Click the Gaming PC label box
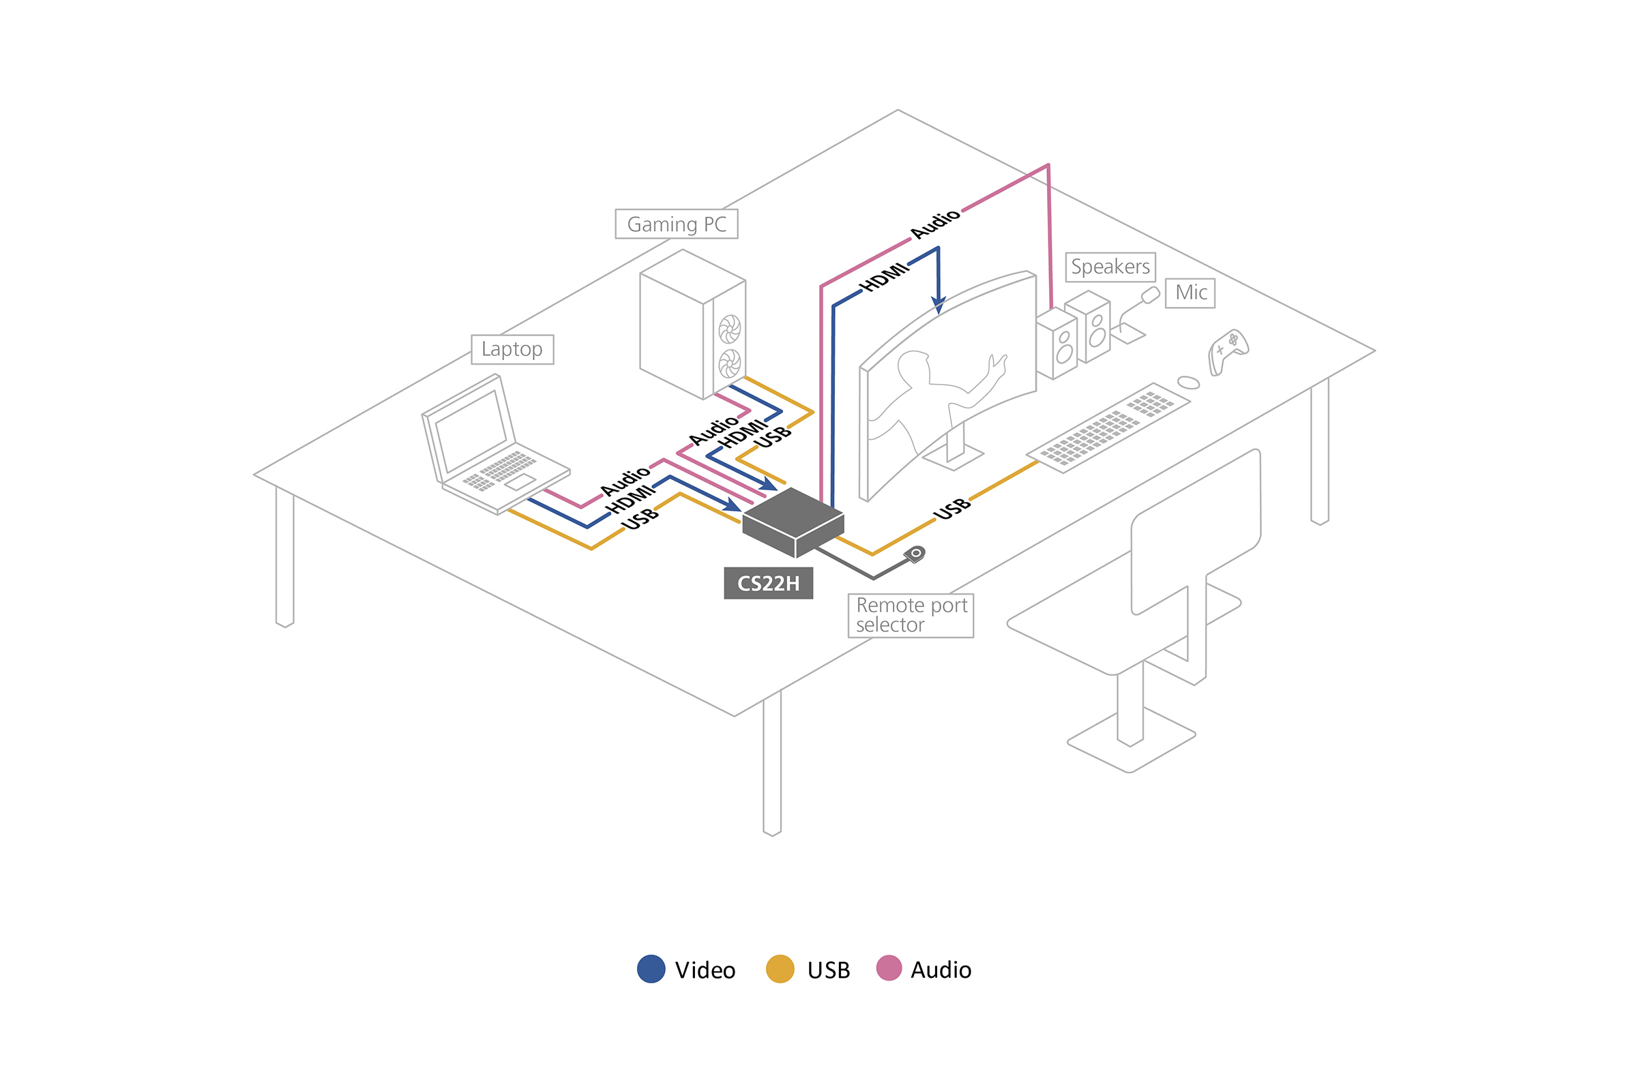coord(676,224)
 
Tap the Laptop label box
coord(512,349)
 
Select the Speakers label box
coord(1110,267)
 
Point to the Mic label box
coord(1190,293)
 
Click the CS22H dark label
coord(769,583)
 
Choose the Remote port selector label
coord(911,615)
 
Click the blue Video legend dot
coord(651,969)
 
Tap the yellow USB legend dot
coord(780,969)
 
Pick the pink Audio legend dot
coord(889,968)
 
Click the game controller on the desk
coord(1228,350)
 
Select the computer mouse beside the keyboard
coord(1189,383)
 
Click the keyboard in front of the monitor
coord(1108,428)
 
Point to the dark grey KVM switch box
coord(793,522)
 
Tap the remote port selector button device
coord(915,554)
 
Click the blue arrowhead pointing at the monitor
coord(939,305)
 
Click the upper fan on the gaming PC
coord(729,329)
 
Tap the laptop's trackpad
coord(520,481)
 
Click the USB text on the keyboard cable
coord(952,509)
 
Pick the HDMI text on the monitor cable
coord(884,277)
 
